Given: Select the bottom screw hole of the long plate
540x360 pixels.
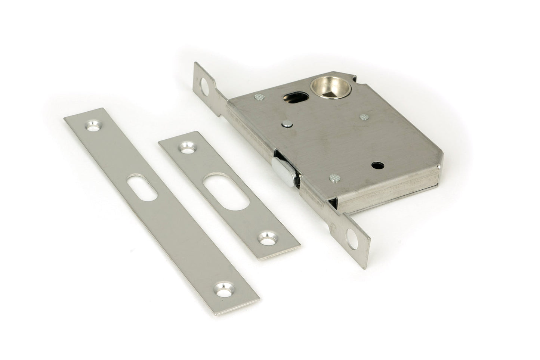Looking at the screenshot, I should pos(223,289).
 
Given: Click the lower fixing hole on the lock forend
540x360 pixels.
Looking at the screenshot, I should pos(352,236).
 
